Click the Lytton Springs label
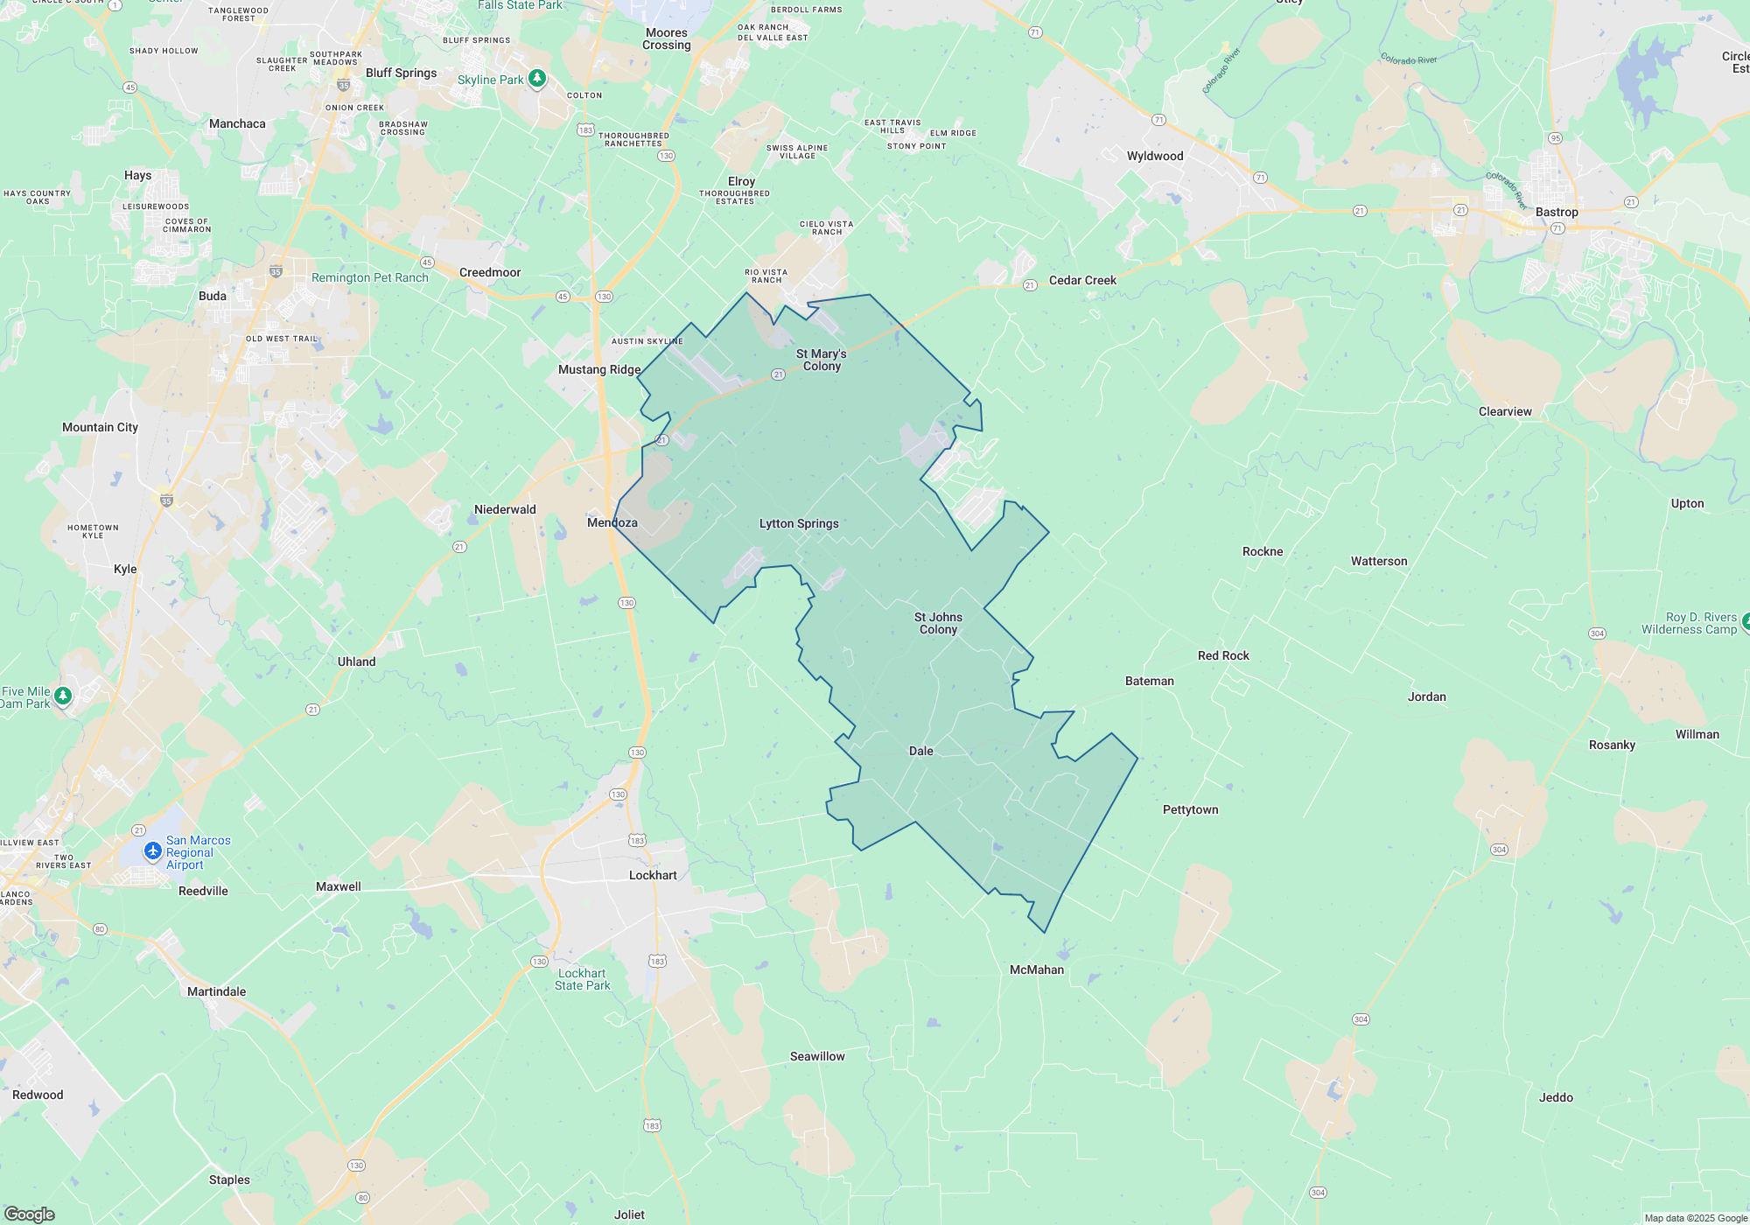click(799, 523)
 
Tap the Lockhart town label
click(653, 875)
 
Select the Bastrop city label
click(1557, 212)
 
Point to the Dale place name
click(920, 751)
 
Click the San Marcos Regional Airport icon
click(153, 850)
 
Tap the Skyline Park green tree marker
click(537, 79)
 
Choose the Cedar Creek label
click(1082, 280)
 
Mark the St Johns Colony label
click(938, 623)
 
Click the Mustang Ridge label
click(599, 369)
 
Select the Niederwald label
click(505, 509)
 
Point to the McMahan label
click(1037, 969)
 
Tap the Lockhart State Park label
click(583, 979)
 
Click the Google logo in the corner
click(30, 1214)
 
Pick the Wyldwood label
click(1155, 156)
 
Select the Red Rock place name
click(1223, 655)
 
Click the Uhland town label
click(357, 661)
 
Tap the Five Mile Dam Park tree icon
click(63, 696)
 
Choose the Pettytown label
click(1190, 809)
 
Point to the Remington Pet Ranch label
click(370, 277)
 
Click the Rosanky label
click(1612, 745)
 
